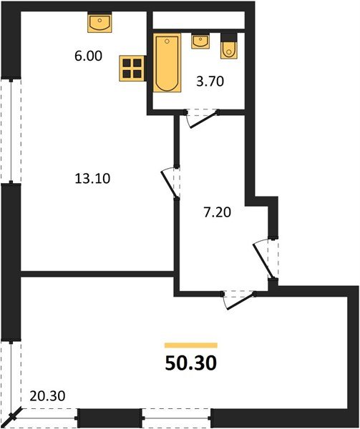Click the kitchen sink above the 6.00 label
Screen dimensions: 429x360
99,24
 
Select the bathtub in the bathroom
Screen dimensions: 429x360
166,64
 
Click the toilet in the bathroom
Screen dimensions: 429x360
228,46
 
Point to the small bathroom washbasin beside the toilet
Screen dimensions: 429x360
201,41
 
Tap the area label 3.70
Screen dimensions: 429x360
210,82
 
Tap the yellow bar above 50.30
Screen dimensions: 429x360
190,345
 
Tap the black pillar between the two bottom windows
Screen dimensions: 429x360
110,418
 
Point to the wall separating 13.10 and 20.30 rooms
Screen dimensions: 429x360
97,273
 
